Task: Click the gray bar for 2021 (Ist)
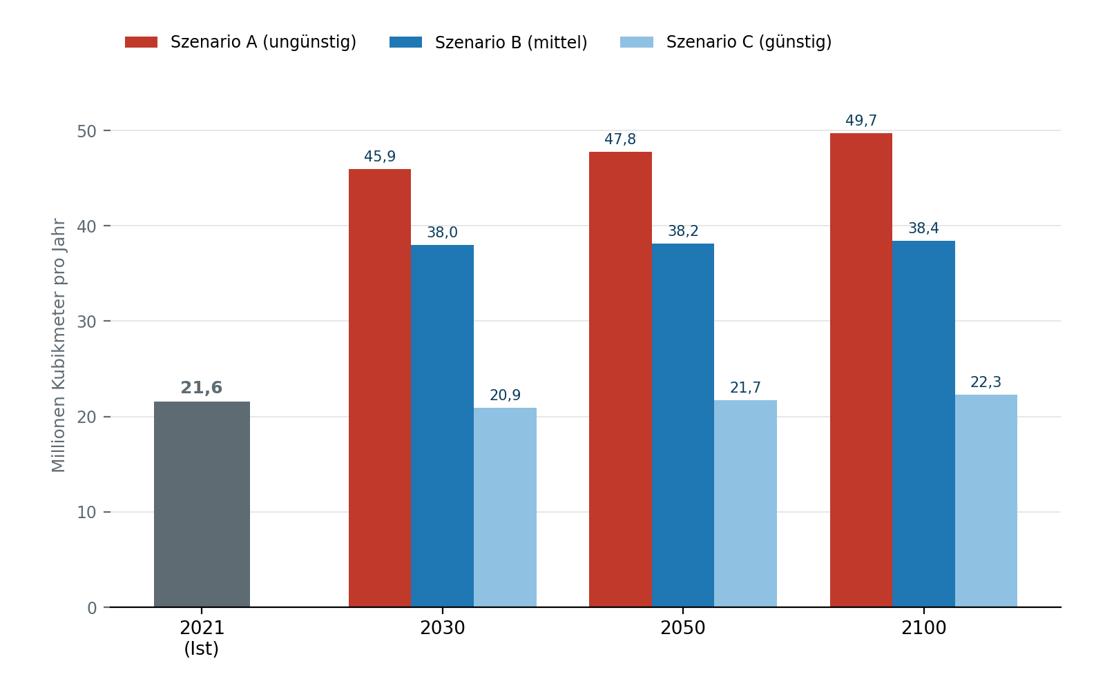click(202, 504)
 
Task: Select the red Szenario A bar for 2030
click(380, 388)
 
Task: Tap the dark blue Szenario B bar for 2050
click(683, 425)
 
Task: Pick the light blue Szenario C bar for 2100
click(986, 501)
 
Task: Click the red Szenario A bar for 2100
click(861, 370)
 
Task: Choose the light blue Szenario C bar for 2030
click(505, 508)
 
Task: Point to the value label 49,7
click(861, 121)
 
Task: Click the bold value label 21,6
click(202, 388)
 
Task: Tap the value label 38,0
click(443, 232)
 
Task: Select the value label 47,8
click(620, 139)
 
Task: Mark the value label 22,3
click(986, 382)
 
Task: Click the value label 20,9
click(505, 395)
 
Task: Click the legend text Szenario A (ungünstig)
click(263, 42)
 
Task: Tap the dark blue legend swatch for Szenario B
click(405, 42)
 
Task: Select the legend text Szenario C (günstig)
click(749, 42)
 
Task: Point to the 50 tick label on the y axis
click(86, 132)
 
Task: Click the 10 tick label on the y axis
click(86, 513)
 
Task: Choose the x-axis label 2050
click(683, 629)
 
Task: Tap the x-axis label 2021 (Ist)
click(202, 638)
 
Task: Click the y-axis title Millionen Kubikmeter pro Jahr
click(58, 346)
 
